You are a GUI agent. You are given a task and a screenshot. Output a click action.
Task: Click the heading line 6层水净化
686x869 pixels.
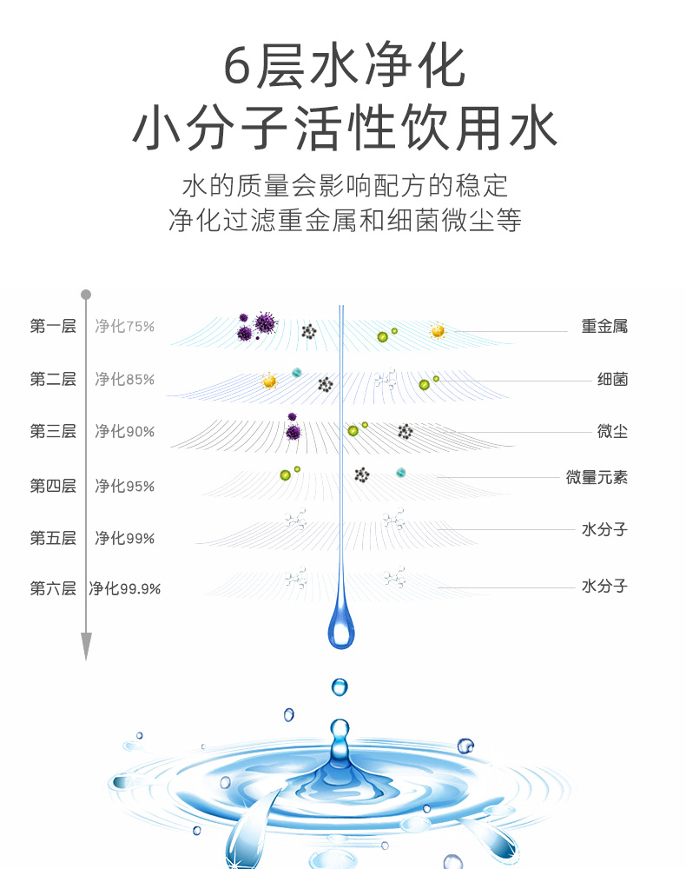click(x=344, y=68)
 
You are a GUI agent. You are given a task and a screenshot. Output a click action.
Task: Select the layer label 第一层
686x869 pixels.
click(x=53, y=327)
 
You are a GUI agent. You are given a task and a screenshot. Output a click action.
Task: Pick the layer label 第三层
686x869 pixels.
click(x=53, y=431)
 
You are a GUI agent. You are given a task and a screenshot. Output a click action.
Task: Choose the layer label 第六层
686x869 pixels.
click(x=53, y=588)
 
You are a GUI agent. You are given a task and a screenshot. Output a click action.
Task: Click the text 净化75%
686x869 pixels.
click(x=124, y=327)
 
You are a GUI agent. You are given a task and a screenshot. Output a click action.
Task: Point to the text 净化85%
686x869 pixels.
click(x=124, y=380)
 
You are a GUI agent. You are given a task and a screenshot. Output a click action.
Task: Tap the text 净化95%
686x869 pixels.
click(x=124, y=486)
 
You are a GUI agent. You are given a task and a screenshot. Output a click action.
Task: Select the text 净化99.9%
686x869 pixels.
click(x=125, y=588)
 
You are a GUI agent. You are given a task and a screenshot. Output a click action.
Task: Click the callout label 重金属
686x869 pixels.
click(x=604, y=327)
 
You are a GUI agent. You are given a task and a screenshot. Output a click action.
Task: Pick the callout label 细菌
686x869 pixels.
click(x=612, y=380)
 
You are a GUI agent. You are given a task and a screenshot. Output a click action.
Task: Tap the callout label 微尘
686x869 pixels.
click(x=612, y=431)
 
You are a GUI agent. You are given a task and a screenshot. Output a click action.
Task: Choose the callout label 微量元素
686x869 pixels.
click(x=597, y=477)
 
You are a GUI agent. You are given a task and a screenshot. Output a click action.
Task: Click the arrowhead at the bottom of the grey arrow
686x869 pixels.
click(x=86, y=646)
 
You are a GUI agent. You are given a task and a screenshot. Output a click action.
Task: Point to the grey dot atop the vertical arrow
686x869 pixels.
click(x=86, y=295)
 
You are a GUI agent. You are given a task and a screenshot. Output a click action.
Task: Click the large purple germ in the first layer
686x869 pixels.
click(x=264, y=324)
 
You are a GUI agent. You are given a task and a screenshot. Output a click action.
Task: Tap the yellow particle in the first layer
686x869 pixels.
click(x=438, y=330)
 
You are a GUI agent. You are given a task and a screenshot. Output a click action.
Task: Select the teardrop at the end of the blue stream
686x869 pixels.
click(x=341, y=627)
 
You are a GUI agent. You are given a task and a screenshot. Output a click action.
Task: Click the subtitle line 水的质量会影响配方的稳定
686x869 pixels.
click(x=344, y=186)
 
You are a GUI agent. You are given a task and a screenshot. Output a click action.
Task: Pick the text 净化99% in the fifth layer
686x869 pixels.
click(x=124, y=538)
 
